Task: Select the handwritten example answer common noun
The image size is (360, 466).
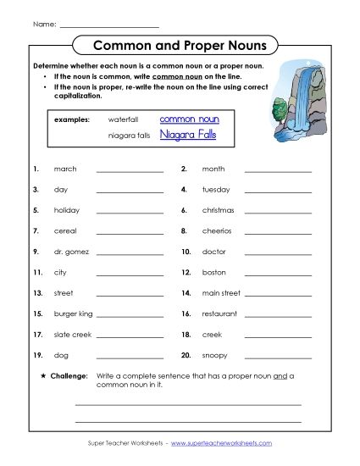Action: (x=189, y=119)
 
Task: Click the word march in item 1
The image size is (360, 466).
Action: (x=65, y=169)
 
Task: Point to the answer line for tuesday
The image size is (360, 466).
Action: (x=278, y=191)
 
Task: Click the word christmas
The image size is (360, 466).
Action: (x=218, y=210)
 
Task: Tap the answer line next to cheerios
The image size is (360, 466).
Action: (x=278, y=232)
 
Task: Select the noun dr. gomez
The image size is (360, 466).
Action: (x=69, y=252)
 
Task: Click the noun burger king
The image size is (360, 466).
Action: (x=73, y=313)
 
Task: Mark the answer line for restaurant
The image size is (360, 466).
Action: (x=278, y=315)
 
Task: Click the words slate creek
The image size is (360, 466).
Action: (x=72, y=335)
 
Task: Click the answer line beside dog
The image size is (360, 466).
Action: (x=130, y=357)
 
